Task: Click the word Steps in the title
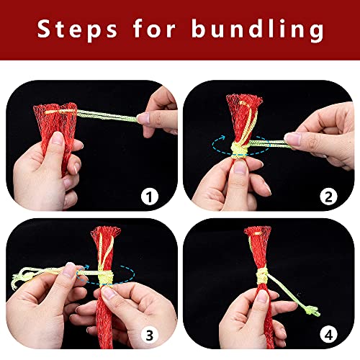coord(77,30)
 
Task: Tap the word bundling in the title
coord(258,30)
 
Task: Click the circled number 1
coord(150,197)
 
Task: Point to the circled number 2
coord(328,197)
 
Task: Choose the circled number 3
coord(150,335)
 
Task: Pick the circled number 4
coord(328,335)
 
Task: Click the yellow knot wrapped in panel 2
coord(240,150)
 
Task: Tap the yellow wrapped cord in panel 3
coord(106,278)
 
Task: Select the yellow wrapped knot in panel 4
coord(262,276)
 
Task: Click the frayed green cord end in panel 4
coord(312,311)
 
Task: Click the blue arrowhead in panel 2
coord(222,138)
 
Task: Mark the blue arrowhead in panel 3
coord(86,267)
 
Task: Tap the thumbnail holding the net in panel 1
coord(58,138)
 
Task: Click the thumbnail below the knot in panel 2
coord(240,166)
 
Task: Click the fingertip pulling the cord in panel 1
coord(143,119)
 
